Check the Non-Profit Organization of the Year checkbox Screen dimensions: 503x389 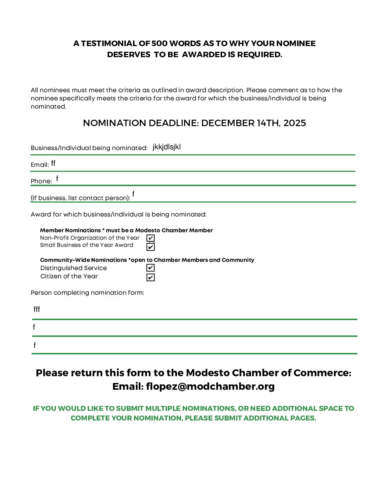(x=151, y=238)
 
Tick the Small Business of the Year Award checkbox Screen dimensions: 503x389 (x=151, y=247)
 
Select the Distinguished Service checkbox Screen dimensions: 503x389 (x=151, y=268)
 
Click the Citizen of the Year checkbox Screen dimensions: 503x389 (x=151, y=277)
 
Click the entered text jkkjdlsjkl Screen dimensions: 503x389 (x=167, y=147)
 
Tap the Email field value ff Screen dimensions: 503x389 (x=53, y=163)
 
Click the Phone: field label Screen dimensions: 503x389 (x=41, y=181)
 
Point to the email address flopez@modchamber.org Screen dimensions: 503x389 (x=210, y=387)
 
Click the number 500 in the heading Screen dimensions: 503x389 (x=159, y=44)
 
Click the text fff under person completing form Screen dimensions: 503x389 (x=37, y=309)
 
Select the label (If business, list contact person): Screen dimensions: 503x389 (x=80, y=198)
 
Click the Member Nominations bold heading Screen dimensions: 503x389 (x=70, y=230)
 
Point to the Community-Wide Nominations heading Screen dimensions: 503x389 (x=83, y=260)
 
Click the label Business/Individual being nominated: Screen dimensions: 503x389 (x=89, y=148)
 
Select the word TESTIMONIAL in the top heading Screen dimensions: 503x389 (x=109, y=44)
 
